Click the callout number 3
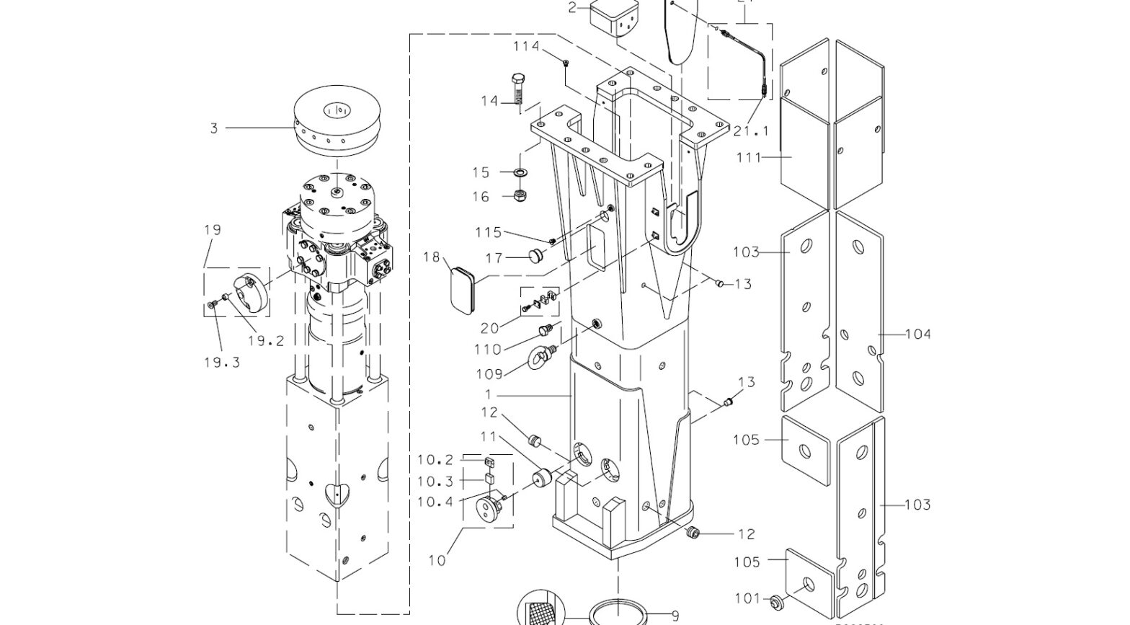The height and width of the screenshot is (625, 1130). click(x=213, y=128)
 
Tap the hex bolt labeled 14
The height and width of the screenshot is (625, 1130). click(x=517, y=89)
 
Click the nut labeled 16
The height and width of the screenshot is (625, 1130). click(x=519, y=196)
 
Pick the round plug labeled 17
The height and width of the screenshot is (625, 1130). click(x=535, y=256)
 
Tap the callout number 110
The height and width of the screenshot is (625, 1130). click(x=488, y=350)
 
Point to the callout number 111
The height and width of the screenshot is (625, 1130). click(x=749, y=157)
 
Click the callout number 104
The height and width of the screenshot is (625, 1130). click(x=917, y=334)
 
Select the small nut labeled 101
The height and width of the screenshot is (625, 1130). click(x=777, y=600)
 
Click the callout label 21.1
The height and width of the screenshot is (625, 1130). click(x=751, y=131)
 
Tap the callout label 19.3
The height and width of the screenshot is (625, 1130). click(x=221, y=362)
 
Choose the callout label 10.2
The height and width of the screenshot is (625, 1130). click(x=435, y=460)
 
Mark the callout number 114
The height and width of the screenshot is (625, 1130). click(x=526, y=47)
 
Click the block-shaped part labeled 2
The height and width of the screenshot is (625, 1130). click(x=615, y=19)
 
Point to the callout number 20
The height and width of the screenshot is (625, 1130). click(x=489, y=328)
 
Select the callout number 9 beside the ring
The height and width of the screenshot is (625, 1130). click(x=675, y=616)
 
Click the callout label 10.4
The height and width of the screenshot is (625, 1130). click(x=435, y=502)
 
